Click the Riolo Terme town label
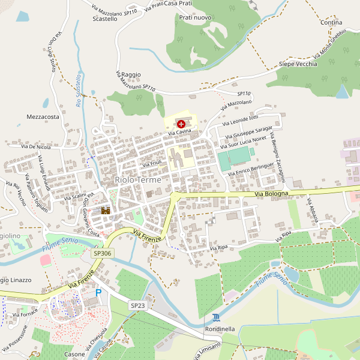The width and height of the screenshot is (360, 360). pos(139,179)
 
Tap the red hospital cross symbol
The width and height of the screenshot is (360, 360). pos(181,123)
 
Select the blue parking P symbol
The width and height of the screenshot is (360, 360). pos(98,293)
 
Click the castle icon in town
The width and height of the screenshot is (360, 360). pos(106,211)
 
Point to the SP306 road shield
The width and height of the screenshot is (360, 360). pos(101,254)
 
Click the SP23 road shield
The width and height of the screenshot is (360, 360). pos(137,305)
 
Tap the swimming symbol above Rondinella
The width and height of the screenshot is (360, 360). pos(216,317)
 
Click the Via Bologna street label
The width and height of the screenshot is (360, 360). pos(272,194)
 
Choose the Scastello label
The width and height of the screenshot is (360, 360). pos(105,19)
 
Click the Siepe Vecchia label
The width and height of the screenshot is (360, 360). pos(298,64)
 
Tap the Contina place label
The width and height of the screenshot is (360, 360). pos(331,22)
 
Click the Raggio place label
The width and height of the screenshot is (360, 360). pos(130,74)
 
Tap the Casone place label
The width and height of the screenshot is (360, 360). pos(74,354)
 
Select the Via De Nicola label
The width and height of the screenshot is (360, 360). pos(36,146)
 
